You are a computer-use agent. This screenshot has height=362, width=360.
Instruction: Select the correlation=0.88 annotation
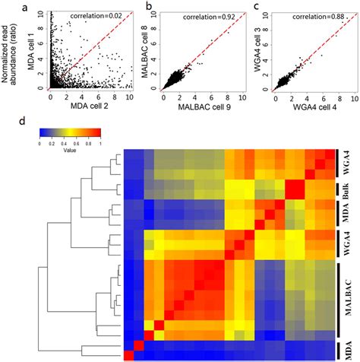(317, 14)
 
